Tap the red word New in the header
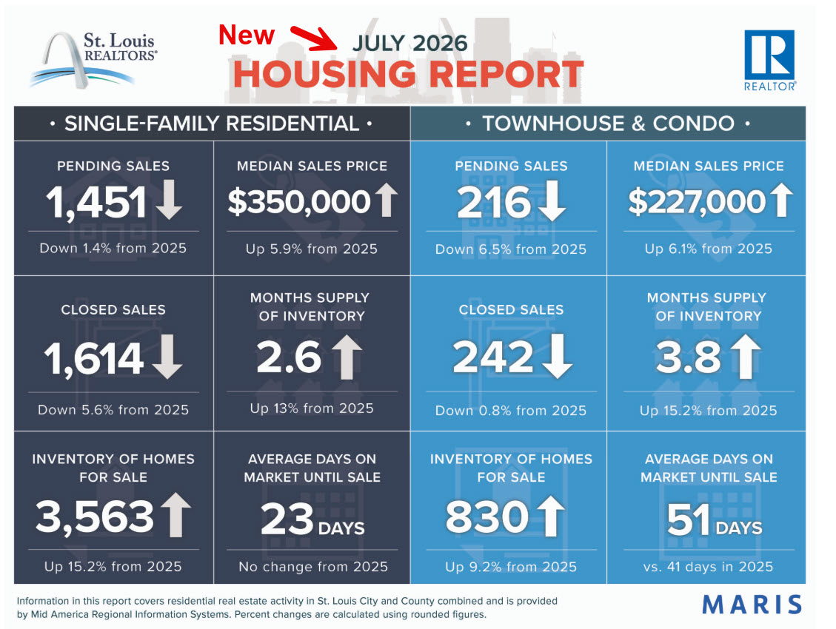coord(247,36)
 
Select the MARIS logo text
coord(752,605)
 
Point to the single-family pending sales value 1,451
coord(96,202)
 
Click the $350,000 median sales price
coord(299,202)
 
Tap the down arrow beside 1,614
coord(167,357)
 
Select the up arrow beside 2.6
coord(347,357)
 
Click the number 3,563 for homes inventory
coord(95,516)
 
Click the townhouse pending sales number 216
coord(494,202)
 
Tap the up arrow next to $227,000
coord(782,200)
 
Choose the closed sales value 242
coord(493,357)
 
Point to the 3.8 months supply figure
coord(689,357)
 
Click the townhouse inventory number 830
coord(487,517)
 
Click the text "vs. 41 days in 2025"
coord(708,567)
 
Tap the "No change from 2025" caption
coord(313,567)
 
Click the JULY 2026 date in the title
coord(409,43)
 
